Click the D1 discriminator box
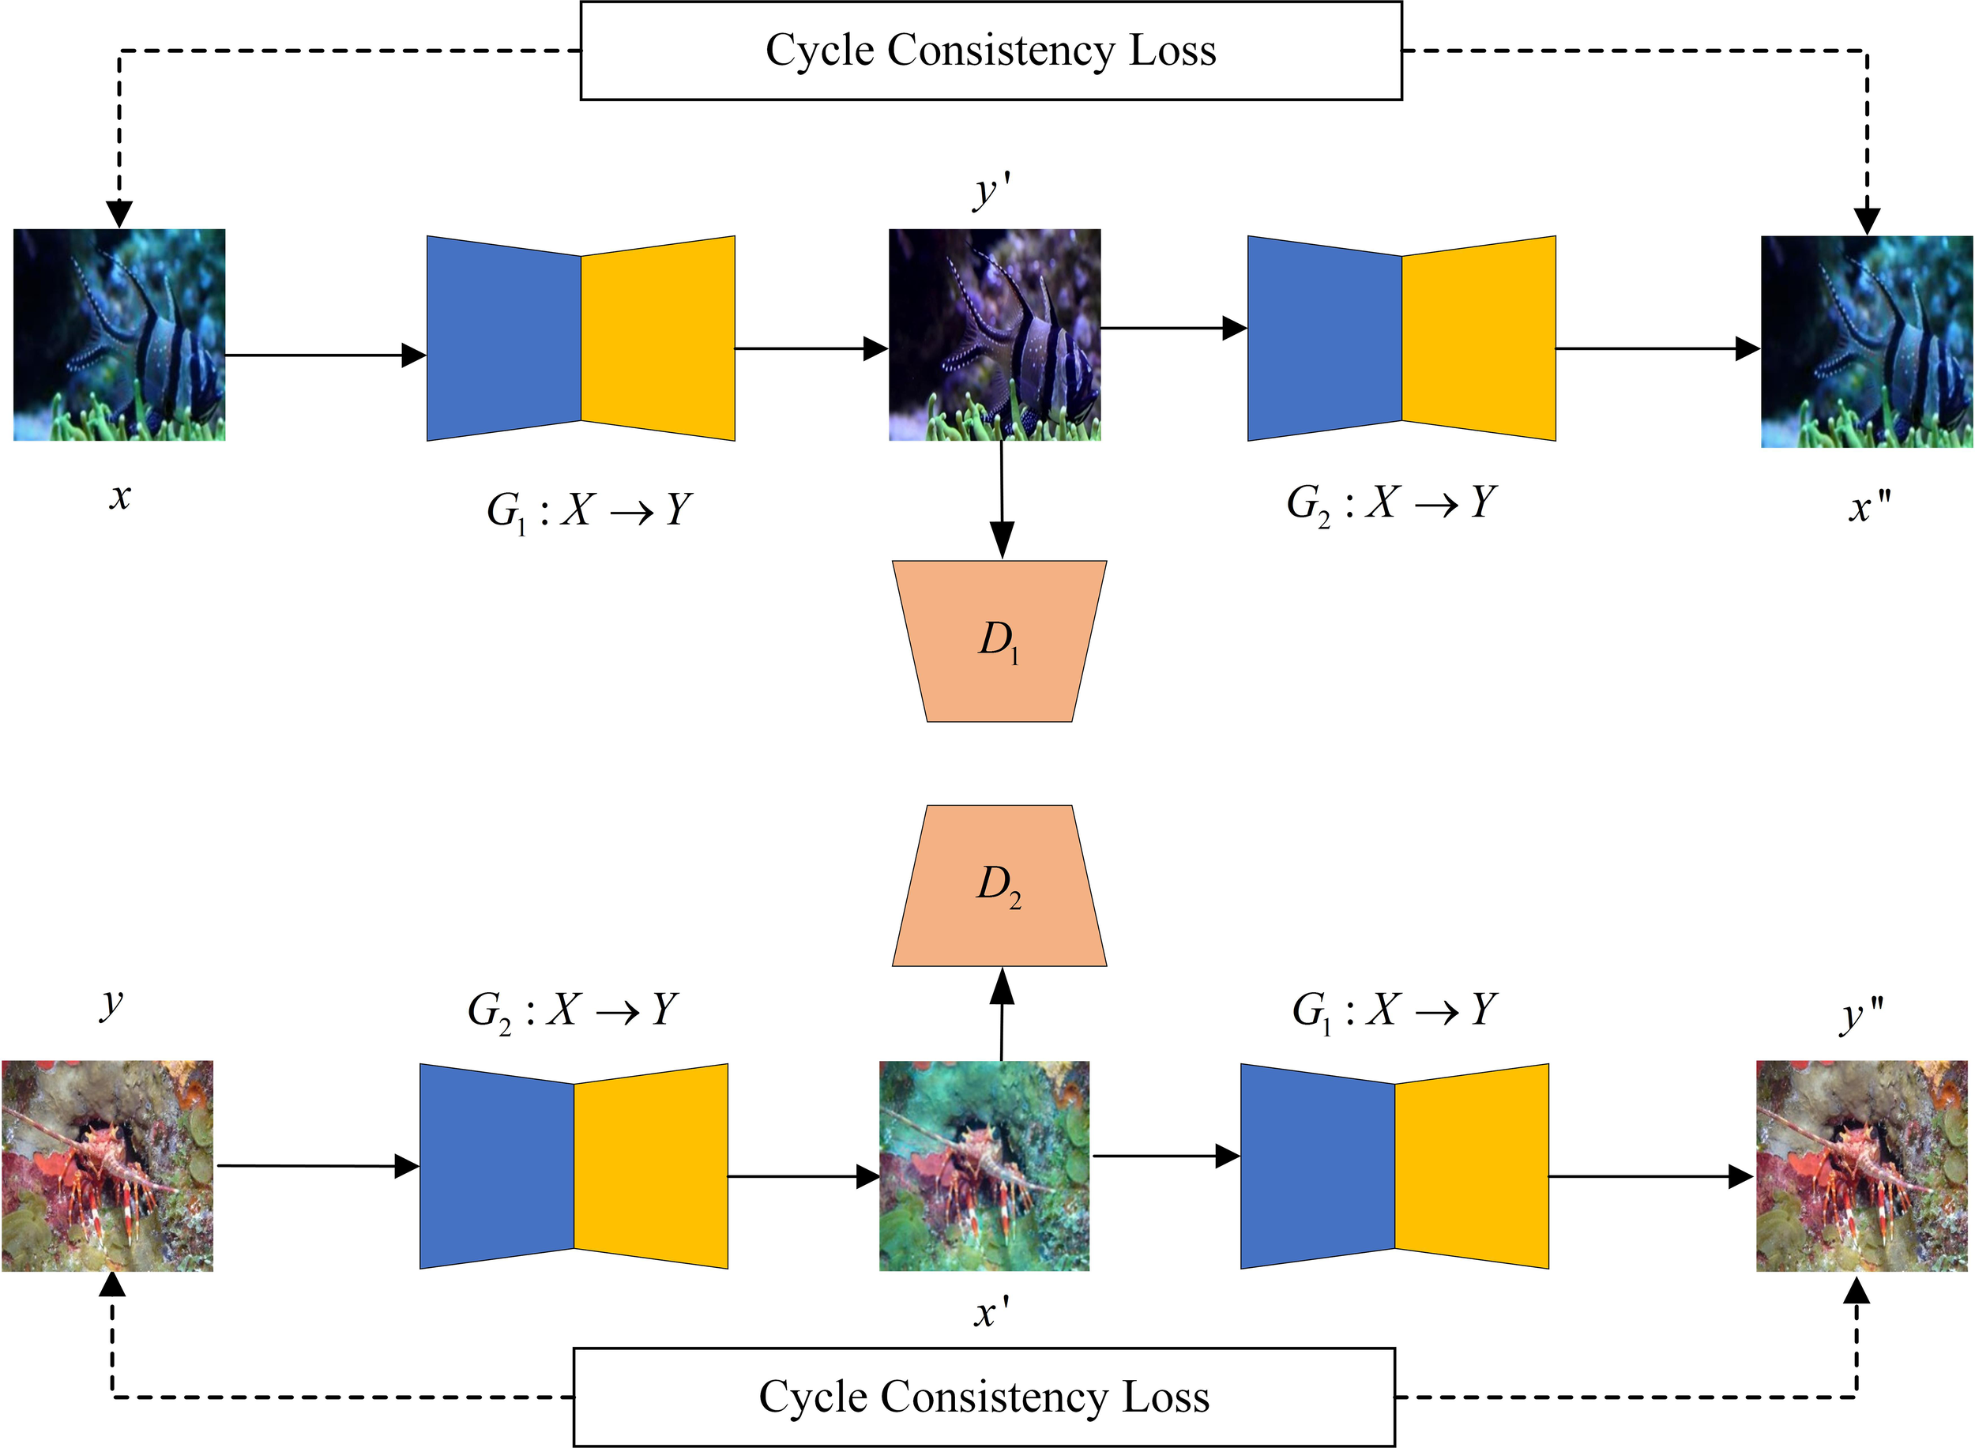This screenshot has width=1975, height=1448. pos(999,641)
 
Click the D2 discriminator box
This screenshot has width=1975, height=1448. pos(999,886)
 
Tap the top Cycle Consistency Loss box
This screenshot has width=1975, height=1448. pos(991,50)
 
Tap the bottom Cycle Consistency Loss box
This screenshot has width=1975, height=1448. pos(984,1397)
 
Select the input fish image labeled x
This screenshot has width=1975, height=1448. pos(119,335)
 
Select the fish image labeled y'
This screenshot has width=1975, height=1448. pos(994,335)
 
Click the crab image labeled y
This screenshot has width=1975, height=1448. pos(107,1166)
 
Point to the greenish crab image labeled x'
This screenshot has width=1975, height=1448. pos(984,1166)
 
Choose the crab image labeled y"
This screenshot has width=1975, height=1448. pos(1862,1166)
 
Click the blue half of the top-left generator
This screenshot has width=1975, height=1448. pos(504,338)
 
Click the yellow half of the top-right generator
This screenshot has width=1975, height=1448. pos(1478,338)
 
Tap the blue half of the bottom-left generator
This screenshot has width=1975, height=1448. pos(497,1166)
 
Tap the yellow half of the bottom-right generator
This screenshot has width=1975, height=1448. pos(1471,1166)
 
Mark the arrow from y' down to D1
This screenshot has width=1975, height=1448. pos(1001,499)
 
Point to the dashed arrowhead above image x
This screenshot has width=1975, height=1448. pos(118,213)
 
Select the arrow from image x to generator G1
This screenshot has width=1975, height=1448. pos(325,355)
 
